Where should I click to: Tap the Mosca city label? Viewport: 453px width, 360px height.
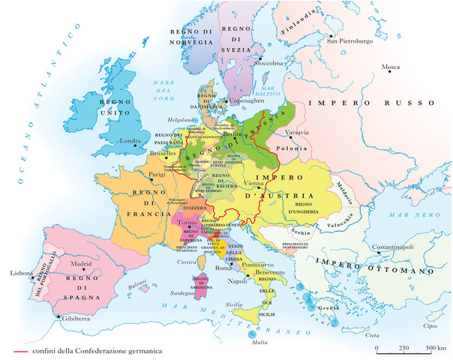coord(390,67)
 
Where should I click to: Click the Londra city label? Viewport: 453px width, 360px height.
coord(130,140)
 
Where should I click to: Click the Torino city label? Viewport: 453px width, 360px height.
coord(187,224)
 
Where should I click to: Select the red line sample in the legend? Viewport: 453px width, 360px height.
coord(20,350)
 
